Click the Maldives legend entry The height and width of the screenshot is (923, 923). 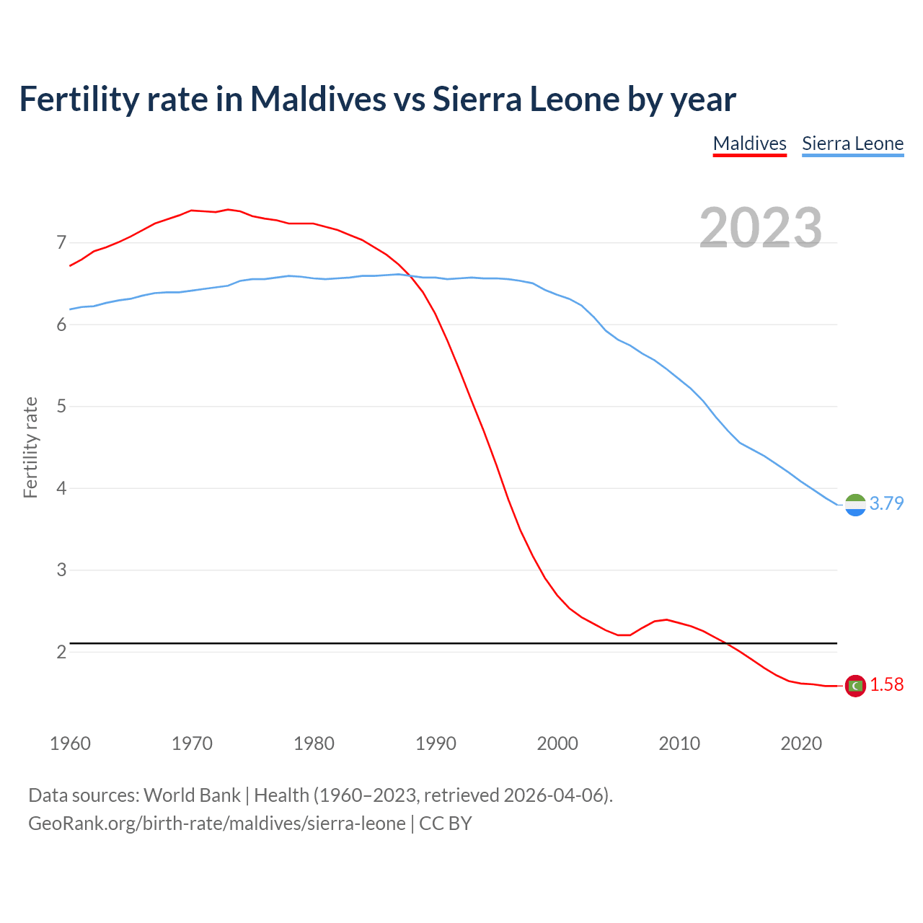[749, 143]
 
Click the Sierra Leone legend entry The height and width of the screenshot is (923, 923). [852, 143]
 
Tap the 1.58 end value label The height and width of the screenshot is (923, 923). [886, 685]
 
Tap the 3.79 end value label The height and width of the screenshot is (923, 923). [886, 503]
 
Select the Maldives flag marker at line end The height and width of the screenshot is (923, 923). [855, 686]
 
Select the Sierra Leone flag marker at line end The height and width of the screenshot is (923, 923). [855, 505]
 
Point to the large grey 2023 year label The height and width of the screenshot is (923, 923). [760, 228]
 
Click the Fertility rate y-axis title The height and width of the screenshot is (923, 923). [30, 447]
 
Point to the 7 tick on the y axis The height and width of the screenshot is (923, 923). [61, 242]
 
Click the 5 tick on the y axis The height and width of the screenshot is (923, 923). [61, 407]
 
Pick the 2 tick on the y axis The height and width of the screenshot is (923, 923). [61, 652]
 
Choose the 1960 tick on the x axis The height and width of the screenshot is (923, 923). [70, 743]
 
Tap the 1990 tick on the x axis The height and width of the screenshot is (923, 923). [436, 743]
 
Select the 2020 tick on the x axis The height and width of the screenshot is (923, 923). [801, 743]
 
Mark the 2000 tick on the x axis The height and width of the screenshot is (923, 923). [557, 743]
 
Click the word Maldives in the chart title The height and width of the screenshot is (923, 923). [318, 99]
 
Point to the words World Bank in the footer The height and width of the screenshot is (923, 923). [192, 795]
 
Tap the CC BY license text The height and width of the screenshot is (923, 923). [446, 823]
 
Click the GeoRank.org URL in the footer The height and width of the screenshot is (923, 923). [216, 823]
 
